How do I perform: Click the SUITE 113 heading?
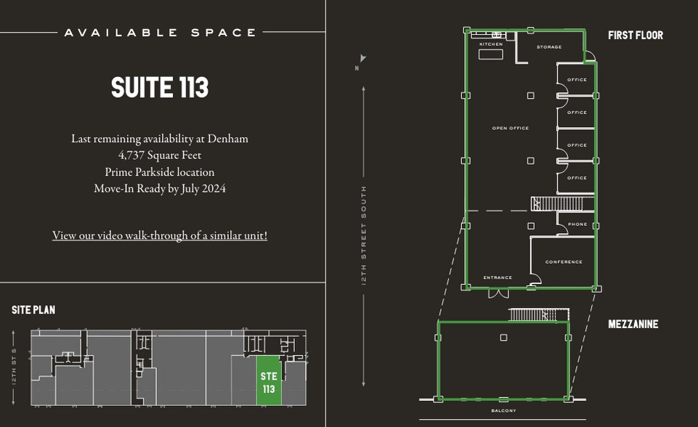(160, 88)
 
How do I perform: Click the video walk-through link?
(160, 235)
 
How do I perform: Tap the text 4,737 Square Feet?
(160, 155)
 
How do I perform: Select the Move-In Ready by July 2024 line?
(160, 188)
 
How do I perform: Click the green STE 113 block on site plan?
(269, 381)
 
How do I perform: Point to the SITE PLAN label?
(33, 310)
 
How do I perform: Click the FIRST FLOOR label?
(636, 35)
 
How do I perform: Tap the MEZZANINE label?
(633, 324)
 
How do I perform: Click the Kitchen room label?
(491, 45)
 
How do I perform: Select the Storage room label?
(549, 47)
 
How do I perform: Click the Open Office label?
(511, 129)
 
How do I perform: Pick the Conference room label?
(564, 262)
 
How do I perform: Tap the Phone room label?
(577, 224)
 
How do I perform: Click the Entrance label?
(498, 277)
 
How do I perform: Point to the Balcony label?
(503, 411)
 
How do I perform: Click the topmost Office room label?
(577, 80)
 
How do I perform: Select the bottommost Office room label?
(577, 178)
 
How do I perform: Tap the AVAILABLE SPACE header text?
(160, 33)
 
